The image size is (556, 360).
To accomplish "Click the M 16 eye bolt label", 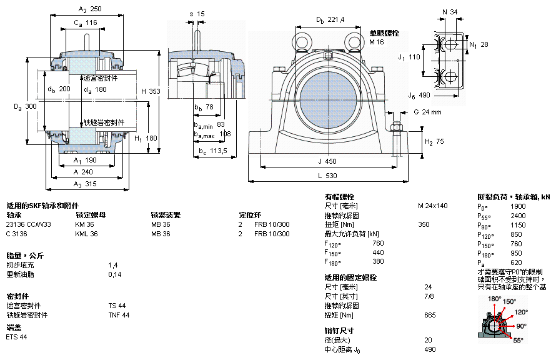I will tap(376, 42).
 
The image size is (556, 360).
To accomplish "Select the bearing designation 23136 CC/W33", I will tap(29, 224).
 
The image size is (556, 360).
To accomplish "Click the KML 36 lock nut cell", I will tap(86, 234).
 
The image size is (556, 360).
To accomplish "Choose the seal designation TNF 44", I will tap(119, 315).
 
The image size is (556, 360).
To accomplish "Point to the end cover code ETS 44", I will tap(17, 337).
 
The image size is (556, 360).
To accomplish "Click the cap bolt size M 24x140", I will tap(432, 206).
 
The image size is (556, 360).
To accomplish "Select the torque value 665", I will tap(430, 315).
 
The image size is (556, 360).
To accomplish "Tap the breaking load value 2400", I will tap(518, 216).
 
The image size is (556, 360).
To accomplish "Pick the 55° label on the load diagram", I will tap(518, 341).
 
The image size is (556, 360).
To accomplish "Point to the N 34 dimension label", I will tap(450, 12).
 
